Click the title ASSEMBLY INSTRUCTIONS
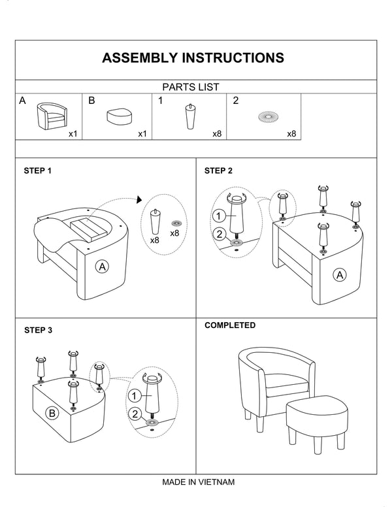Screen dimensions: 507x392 [193, 57]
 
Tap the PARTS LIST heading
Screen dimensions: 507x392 [190, 86]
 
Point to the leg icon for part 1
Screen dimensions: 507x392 [190, 117]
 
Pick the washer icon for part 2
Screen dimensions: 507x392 [268, 117]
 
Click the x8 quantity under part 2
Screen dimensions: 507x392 [291, 133]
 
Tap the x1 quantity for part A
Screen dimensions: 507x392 [73, 133]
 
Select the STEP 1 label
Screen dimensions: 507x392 [38, 171]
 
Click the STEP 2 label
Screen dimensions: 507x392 [218, 171]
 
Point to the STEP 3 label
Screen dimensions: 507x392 [38, 330]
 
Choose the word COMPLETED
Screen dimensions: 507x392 [230, 325]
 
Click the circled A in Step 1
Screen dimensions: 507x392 [101, 266]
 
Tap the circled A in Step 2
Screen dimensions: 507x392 [339, 275]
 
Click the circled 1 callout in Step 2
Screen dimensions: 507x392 [220, 216]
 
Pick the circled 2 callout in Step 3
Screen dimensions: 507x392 [134, 414]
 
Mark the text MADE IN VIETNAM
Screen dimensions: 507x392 [198, 482]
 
